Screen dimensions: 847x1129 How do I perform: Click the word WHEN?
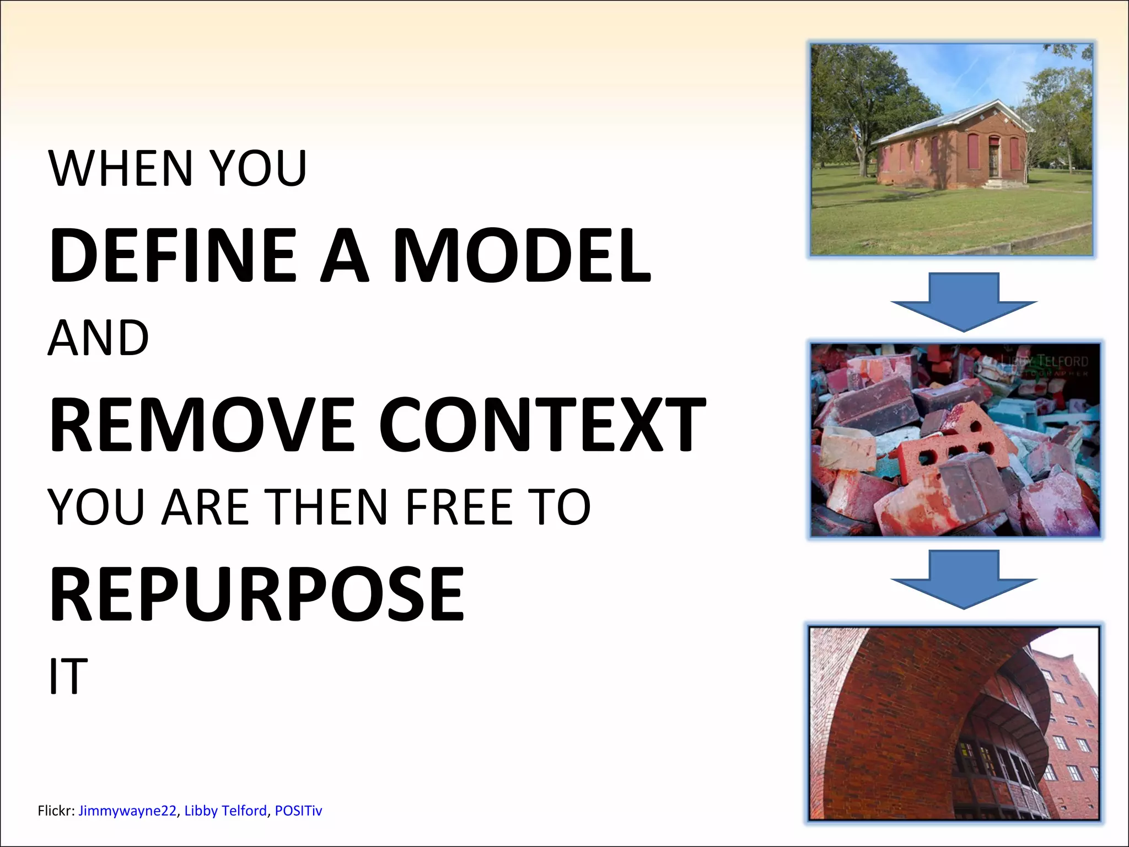click(120, 168)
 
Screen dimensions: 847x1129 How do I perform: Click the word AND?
click(99, 338)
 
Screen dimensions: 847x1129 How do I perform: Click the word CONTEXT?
click(542, 425)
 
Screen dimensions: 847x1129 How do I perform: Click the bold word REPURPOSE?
click(257, 595)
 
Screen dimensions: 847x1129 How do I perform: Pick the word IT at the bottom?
click(68, 677)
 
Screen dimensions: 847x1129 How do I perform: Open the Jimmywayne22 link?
click(127, 811)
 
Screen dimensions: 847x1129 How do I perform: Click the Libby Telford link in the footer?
click(225, 811)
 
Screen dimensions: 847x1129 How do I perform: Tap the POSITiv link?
click(298, 811)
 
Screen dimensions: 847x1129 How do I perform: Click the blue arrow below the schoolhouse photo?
click(964, 301)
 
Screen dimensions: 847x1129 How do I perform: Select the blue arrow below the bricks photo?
click(964, 579)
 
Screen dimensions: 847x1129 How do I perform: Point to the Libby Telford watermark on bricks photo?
click(1050, 362)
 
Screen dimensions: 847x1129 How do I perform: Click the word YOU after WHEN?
click(259, 168)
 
